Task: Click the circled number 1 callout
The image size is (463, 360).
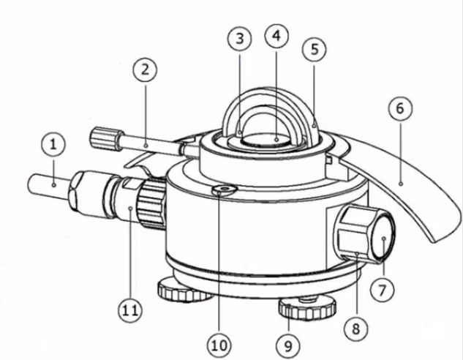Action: pyautogui.click(x=53, y=145)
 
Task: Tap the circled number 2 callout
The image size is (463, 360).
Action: pyautogui.click(x=145, y=70)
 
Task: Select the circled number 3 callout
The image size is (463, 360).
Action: pyautogui.click(x=239, y=38)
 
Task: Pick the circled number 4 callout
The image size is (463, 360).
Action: pyautogui.click(x=276, y=35)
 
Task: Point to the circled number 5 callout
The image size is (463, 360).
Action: pyautogui.click(x=315, y=49)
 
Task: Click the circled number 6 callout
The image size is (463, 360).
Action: pyautogui.click(x=400, y=108)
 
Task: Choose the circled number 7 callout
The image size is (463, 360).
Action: pyautogui.click(x=382, y=290)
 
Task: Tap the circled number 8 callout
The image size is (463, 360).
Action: pyautogui.click(x=356, y=328)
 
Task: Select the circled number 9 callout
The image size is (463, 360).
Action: pyautogui.click(x=288, y=345)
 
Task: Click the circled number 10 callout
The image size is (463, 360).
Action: pyautogui.click(x=219, y=345)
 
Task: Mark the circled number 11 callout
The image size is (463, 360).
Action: pyautogui.click(x=130, y=310)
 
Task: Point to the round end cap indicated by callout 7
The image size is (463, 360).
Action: pyautogui.click(x=383, y=239)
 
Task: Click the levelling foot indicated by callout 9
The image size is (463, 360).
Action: pyautogui.click(x=307, y=310)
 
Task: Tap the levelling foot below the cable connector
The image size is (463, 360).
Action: pyautogui.click(x=184, y=290)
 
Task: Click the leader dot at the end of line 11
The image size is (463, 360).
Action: pyautogui.click(x=130, y=209)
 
